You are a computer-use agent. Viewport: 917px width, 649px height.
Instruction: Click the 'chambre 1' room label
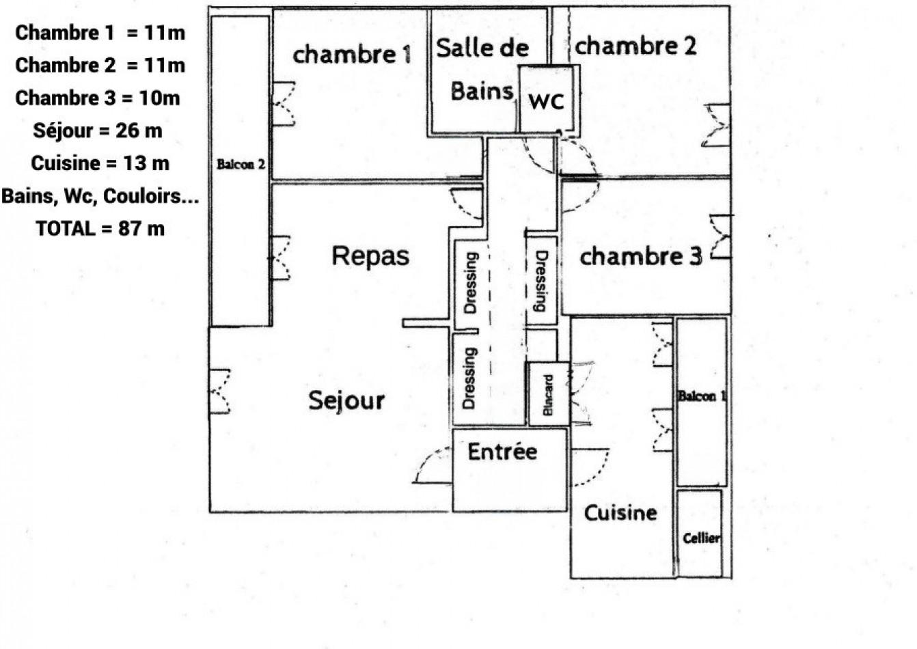352,54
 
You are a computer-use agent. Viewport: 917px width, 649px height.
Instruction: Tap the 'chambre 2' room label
635,46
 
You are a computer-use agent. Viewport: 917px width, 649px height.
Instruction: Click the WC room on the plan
547,100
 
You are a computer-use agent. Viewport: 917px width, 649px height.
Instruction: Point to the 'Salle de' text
482,48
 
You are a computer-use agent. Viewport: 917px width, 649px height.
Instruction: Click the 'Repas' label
370,256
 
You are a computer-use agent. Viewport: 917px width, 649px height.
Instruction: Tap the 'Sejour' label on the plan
346,400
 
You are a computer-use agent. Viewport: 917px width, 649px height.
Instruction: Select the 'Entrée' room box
509,470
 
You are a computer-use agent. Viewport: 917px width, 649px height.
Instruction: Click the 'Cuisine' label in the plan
620,513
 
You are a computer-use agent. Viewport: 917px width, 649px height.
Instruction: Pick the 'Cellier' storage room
700,538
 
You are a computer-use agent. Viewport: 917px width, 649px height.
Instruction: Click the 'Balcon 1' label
702,396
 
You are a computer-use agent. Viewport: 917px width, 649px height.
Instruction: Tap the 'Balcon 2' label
241,165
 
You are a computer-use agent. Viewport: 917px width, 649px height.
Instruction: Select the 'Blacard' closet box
548,394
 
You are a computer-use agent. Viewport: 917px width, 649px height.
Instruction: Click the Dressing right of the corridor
541,281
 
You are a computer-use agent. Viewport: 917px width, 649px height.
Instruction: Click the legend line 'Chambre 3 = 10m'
98,98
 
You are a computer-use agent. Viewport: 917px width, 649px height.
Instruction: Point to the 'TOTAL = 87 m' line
100,228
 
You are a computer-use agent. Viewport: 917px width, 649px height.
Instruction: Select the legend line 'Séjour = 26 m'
98,130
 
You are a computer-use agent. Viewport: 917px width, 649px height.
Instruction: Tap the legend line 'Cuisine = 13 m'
100,163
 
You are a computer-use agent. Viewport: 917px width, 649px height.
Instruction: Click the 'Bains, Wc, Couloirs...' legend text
100,196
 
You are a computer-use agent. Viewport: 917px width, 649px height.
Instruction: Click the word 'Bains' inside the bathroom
482,91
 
